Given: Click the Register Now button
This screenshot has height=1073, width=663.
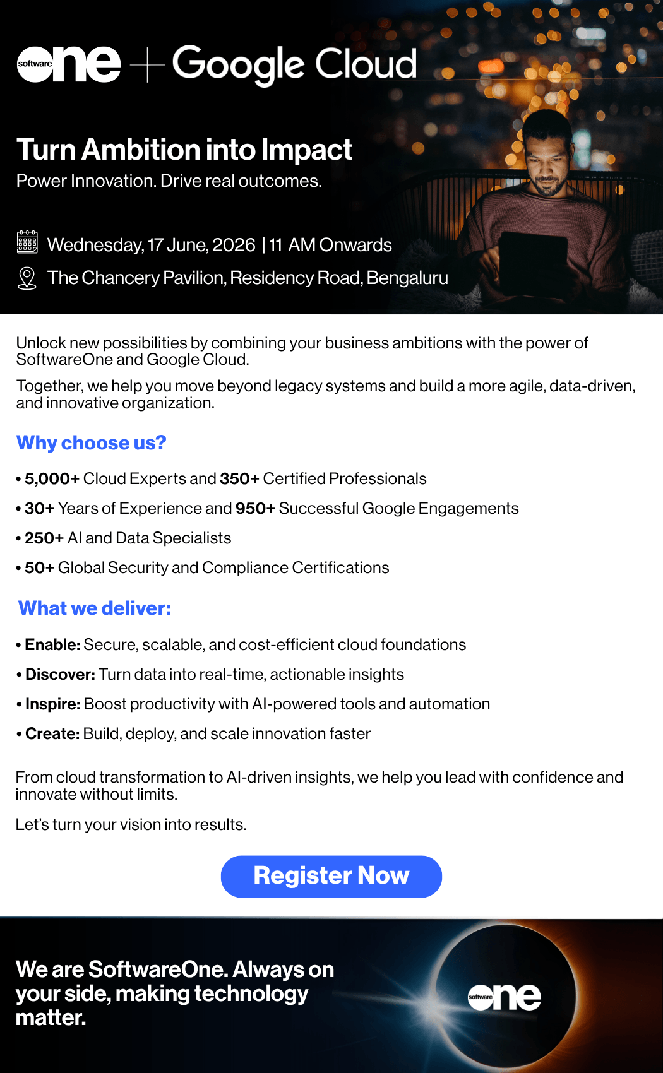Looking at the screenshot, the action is click(331, 876).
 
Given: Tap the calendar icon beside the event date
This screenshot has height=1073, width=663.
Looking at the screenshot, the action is click(27, 242).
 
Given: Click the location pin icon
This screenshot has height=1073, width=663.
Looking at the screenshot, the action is click(27, 278).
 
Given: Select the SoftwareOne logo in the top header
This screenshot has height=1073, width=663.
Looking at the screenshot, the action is click(68, 64).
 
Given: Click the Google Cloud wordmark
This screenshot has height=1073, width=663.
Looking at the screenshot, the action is click(294, 65).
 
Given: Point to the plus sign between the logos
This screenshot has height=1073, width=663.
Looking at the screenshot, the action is click(147, 64).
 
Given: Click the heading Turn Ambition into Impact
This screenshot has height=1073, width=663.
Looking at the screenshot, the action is click(184, 150).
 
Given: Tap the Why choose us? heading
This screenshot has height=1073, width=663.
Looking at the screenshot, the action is click(91, 443).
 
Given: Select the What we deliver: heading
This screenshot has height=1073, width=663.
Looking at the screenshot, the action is click(94, 608).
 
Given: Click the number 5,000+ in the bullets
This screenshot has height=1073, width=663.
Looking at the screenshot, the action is click(52, 478).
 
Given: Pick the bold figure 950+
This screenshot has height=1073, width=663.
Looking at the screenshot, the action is click(255, 508).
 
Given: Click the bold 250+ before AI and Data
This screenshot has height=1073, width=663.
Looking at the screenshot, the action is click(44, 538).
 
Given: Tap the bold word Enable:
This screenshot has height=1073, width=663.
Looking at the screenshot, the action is click(52, 645).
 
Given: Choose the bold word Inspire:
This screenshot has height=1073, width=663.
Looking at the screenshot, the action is click(52, 704).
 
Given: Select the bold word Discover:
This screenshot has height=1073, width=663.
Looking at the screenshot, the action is click(61, 675).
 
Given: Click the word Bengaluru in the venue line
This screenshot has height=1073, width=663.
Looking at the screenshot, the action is click(407, 278).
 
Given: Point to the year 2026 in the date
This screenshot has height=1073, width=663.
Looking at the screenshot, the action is click(234, 246).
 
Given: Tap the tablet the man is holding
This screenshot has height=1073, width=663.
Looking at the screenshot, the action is click(533, 263).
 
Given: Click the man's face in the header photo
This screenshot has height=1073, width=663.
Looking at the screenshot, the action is click(547, 165).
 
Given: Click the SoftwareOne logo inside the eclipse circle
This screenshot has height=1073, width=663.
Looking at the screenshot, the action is click(505, 997).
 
